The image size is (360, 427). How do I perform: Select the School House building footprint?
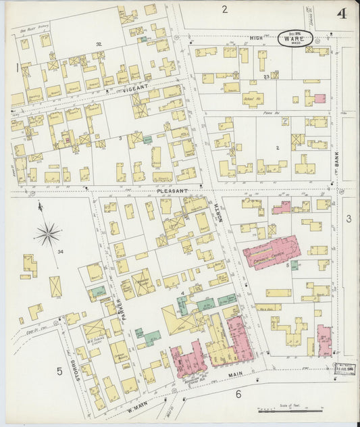(253, 98)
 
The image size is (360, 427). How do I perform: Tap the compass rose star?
(48, 234)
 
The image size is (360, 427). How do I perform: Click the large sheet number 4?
(343, 14)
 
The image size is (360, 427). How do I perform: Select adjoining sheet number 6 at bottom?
(238, 394)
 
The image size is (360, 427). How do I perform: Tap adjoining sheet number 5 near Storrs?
(59, 371)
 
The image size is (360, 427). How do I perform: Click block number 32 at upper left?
(99, 44)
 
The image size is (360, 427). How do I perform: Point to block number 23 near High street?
(267, 77)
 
